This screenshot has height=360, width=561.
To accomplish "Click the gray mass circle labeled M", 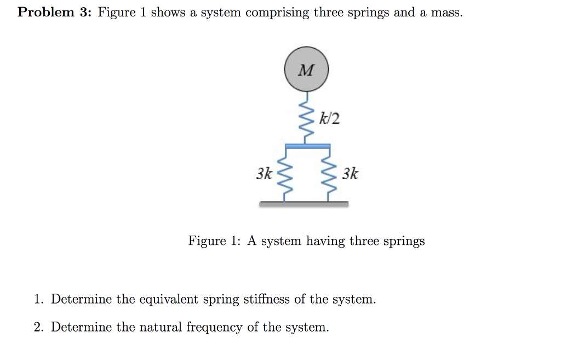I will (306, 70).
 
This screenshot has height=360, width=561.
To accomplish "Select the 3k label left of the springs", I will (265, 174).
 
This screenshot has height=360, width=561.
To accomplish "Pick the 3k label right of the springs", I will (350, 174).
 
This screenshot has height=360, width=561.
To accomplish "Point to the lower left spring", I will (285, 174).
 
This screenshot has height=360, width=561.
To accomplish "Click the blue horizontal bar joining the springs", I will (307, 146).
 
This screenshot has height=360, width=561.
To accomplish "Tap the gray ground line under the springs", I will (304, 204).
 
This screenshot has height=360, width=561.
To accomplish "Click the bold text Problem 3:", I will (53, 13).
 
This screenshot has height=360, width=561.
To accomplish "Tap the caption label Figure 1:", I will (215, 241).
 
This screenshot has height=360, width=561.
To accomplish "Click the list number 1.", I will (38, 299).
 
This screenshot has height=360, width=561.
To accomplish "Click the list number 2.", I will (38, 327).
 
